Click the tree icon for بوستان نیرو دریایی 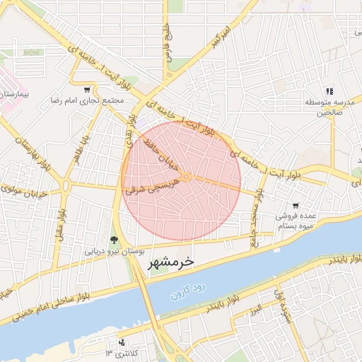(x=115, y=240)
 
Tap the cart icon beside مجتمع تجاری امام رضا (x=87, y=90)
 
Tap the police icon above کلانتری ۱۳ (x=122, y=341)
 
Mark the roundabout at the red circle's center (x=185, y=177)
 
